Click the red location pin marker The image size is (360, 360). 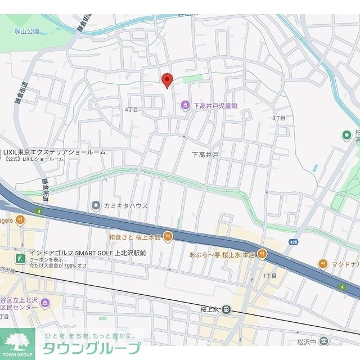(166, 80)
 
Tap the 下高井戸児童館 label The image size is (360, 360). (215, 105)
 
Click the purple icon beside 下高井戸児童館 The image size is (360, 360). (184, 105)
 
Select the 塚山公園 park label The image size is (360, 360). (27, 31)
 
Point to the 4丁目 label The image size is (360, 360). (131, 110)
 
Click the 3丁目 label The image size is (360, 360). (279, 118)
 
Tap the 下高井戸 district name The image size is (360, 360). (205, 154)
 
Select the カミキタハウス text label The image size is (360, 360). (125, 206)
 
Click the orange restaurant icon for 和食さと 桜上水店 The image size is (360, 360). (168, 237)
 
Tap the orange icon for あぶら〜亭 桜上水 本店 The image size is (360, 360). (262, 254)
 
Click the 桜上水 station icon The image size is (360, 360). (226, 309)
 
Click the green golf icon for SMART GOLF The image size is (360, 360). (20, 259)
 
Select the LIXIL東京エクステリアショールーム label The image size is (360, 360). (54, 152)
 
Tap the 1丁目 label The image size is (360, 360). (271, 276)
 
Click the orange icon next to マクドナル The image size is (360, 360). (323, 263)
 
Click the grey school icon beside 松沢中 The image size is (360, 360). (323, 341)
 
